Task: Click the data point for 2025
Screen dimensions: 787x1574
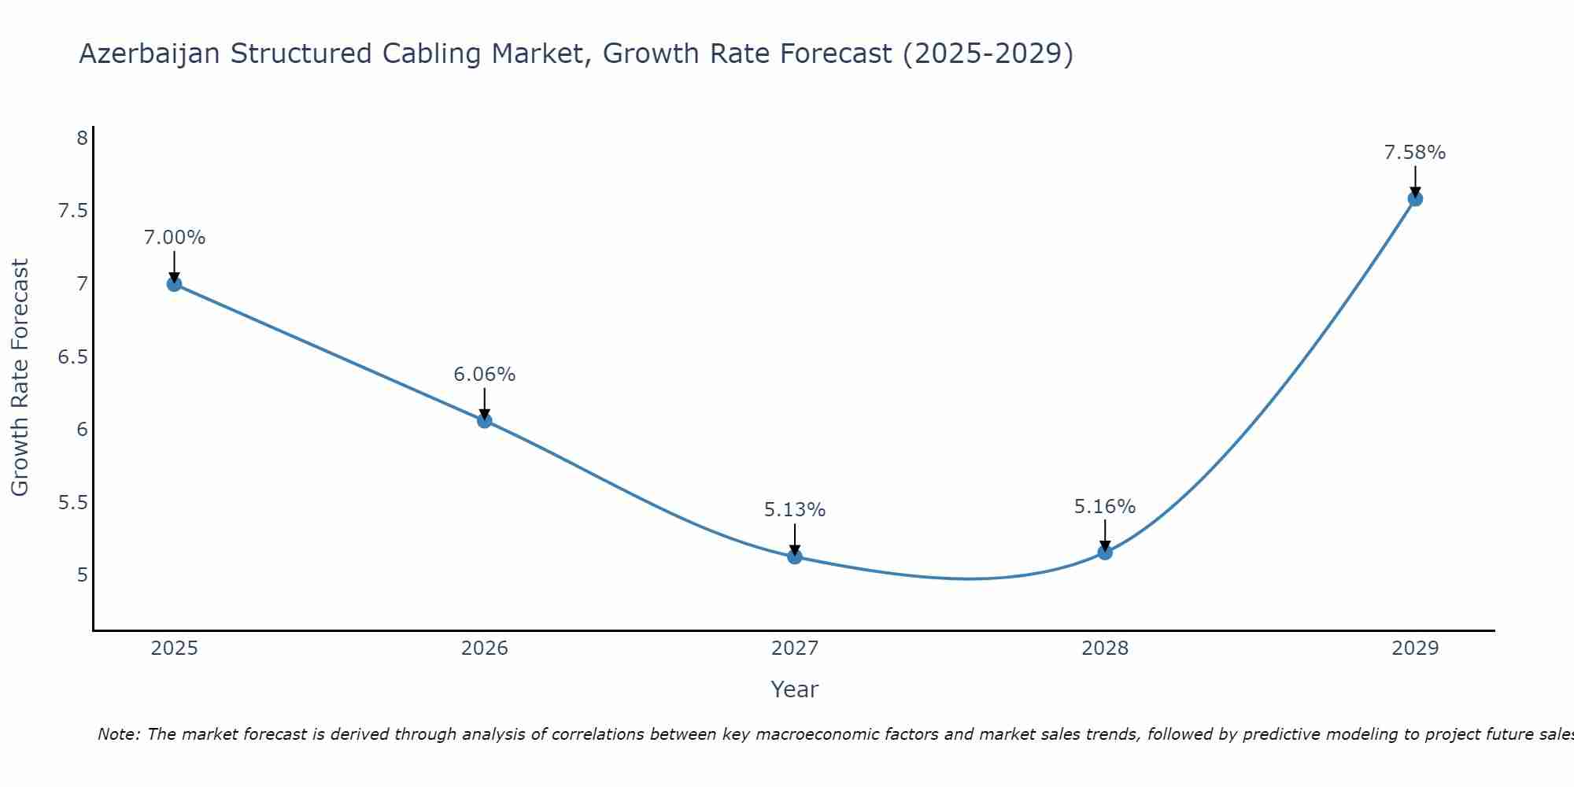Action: point(175,284)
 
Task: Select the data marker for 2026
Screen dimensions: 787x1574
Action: point(485,421)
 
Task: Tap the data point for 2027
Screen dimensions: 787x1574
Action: point(795,556)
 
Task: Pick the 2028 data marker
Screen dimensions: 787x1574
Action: point(1105,552)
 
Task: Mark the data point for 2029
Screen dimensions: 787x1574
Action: point(1415,199)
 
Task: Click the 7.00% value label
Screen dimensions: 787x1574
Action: point(175,238)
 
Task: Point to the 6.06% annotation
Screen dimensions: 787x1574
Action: point(485,375)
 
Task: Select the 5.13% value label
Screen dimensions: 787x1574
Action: point(795,510)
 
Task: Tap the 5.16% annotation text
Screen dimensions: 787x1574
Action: point(1105,507)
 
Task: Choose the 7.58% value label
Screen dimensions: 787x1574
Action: point(1415,153)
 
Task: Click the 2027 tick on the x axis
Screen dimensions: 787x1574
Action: point(795,648)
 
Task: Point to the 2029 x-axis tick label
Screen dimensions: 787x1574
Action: point(1415,648)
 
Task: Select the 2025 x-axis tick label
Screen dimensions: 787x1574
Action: point(175,648)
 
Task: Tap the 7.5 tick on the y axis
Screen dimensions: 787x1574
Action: point(72,211)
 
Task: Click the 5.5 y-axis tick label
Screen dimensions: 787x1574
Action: point(72,502)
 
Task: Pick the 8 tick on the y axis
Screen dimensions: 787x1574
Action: point(82,139)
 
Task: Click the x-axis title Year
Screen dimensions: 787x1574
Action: point(795,689)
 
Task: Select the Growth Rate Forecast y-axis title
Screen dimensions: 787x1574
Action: point(20,378)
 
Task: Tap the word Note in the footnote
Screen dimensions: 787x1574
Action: point(118,734)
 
